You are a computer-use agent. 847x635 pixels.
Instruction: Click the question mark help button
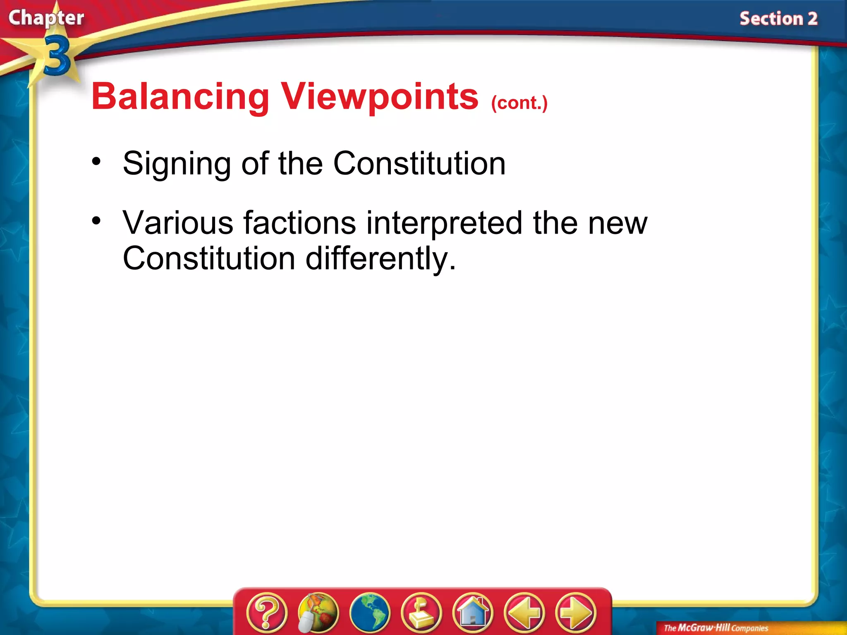click(267, 613)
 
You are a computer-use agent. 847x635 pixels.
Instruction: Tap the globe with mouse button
click(318, 613)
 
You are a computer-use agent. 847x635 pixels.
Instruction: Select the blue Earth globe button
click(370, 613)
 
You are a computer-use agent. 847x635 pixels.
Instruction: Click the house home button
click(473, 613)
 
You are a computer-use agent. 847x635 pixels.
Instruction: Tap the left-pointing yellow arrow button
click(524, 613)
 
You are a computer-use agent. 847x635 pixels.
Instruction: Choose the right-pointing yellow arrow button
click(576, 613)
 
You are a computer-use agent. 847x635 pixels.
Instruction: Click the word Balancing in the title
click(180, 97)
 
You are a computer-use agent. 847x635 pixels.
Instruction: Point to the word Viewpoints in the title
click(379, 97)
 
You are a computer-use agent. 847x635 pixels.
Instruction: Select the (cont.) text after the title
click(519, 103)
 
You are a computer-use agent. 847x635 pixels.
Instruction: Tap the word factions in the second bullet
click(299, 223)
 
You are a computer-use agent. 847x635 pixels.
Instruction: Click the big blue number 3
click(57, 56)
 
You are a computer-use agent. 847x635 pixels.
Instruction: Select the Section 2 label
click(778, 19)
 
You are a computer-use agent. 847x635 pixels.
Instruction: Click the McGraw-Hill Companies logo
click(716, 628)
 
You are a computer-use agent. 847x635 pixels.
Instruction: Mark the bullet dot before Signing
click(96, 161)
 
